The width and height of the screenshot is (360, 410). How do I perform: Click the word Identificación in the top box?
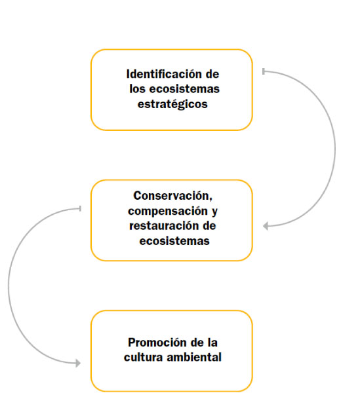click(164, 74)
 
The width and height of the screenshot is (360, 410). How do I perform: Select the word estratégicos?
click(172, 104)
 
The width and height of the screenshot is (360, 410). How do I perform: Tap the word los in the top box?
click(137, 89)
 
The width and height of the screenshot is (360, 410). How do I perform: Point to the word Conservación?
click(172, 196)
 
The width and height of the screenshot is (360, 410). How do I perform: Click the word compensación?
click(168, 212)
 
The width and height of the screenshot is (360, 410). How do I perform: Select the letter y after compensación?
click(214, 212)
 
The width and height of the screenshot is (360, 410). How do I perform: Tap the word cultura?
click(143, 357)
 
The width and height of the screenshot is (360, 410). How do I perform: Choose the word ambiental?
click(194, 357)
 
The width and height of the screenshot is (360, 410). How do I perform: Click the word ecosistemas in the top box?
click(184, 89)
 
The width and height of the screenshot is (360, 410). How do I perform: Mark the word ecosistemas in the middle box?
click(174, 241)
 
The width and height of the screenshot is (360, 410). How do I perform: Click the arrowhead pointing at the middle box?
click(266, 226)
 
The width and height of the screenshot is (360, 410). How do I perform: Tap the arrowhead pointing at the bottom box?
click(78, 363)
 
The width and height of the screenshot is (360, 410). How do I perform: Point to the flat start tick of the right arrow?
click(264, 71)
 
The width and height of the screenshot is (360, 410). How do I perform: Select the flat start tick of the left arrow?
click(81, 208)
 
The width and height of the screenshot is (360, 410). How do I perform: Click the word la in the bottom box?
click(212, 343)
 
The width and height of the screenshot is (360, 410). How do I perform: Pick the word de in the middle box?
click(209, 226)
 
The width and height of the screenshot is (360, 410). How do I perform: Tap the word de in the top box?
click(212, 74)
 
